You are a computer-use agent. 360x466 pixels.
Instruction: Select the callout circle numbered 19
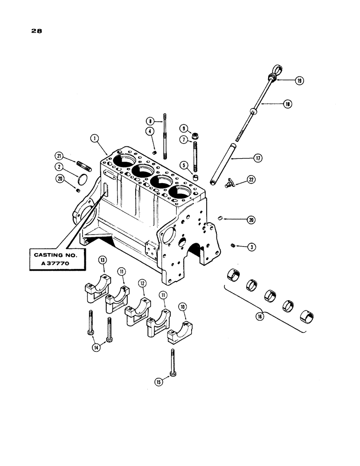(299, 81)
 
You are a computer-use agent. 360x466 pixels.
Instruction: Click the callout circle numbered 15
(159, 382)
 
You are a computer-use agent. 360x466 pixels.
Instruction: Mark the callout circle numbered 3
(251, 247)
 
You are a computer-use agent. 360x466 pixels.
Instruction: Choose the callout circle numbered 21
(59, 155)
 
